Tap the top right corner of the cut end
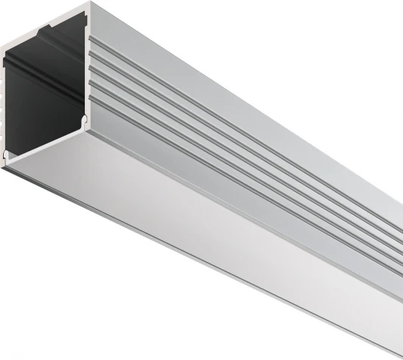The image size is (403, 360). [x=88, y=5]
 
